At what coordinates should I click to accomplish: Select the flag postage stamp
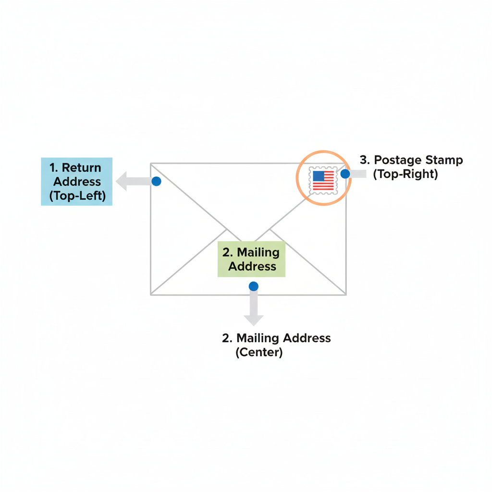[323, 181]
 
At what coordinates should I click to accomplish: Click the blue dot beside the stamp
[345, 174]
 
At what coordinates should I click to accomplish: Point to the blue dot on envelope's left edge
[156, 182]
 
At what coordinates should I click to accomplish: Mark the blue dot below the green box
[253, 286]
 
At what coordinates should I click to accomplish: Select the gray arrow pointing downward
[253, 312]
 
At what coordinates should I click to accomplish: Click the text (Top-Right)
[406, 174]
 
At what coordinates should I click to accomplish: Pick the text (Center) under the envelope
[259, 352]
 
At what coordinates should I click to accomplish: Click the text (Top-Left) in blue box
[77, 196]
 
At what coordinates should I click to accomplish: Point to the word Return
[82, 168]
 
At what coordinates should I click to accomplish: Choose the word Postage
[397, 160]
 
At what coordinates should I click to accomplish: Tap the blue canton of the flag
[319, 176]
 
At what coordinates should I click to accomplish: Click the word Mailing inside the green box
[258, 253]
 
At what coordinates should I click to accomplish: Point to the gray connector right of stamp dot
[358, 174]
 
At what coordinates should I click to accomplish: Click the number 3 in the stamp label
[363, 160]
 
